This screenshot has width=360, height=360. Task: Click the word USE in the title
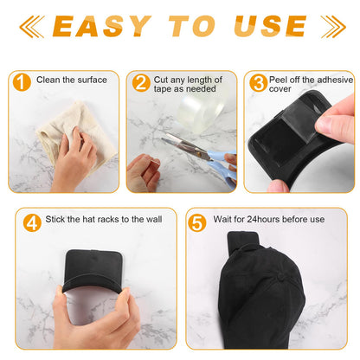point(273,26)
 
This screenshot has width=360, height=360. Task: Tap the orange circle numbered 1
point(22,81)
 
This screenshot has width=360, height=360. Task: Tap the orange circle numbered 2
point(141,83)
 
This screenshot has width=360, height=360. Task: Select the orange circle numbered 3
point(259,83)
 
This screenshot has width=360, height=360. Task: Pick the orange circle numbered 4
point(32,221)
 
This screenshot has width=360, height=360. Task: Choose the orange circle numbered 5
point(197,221)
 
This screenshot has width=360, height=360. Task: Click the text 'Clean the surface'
point(73,80)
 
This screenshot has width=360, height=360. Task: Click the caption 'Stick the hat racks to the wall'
point(105,220)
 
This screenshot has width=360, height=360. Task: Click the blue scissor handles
point(220,159)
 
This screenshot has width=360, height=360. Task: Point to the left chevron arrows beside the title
point(31,26)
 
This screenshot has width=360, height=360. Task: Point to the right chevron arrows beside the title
point(331,26)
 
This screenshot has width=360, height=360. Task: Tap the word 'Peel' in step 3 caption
point(280,78)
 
